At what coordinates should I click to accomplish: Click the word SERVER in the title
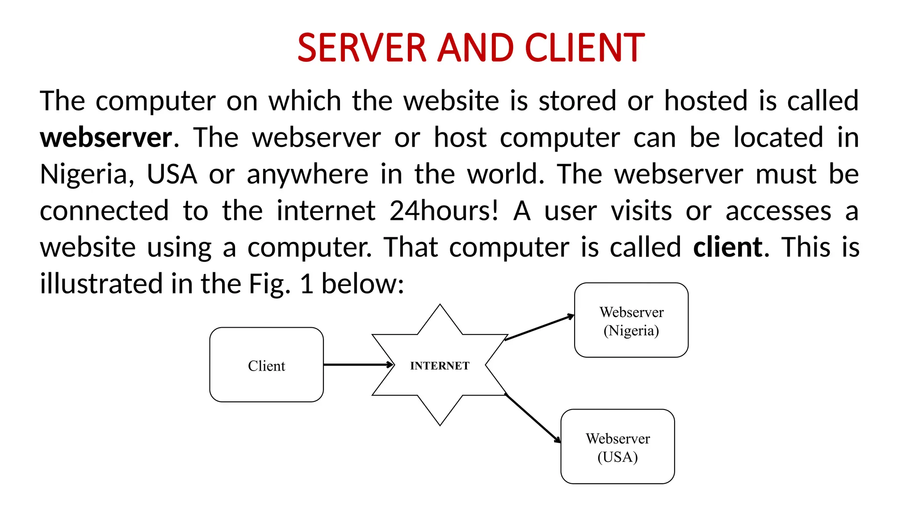pos(362,48)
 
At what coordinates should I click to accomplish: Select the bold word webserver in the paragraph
pos(106,137)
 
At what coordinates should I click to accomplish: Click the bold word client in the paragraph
pos(728,247)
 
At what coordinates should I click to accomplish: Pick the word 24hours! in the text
pos(444,211)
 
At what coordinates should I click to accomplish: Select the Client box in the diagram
pos(266,365)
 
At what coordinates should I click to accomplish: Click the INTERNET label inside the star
pos(440,366)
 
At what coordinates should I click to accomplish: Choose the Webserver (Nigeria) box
pos(631,320)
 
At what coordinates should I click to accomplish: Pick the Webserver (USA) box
pos(617,447)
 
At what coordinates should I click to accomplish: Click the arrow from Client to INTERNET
pos(357,365)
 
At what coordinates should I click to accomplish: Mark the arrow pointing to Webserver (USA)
pos(533,418)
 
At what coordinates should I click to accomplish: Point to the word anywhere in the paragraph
pos(307,174)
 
